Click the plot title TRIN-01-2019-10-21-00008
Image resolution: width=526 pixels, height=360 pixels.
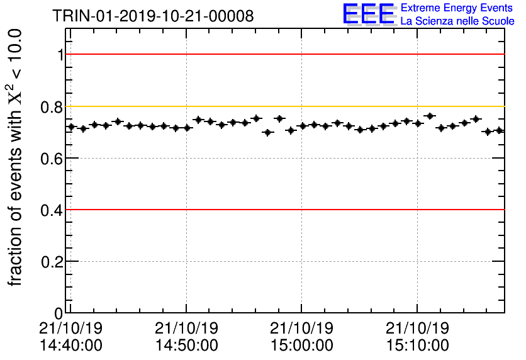click(154, 16)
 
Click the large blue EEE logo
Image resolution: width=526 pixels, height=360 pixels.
click(369, 14)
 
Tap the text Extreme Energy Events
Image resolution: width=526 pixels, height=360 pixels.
click(457, 8)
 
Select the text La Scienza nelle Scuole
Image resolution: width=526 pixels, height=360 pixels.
click(457, 21)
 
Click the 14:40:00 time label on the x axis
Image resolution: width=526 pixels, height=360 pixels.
click(70, 345)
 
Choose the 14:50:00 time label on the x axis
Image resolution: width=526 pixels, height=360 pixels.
click(186, 345)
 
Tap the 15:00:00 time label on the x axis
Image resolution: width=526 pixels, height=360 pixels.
click(301, 345)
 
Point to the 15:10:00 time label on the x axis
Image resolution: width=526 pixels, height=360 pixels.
click(417, 345)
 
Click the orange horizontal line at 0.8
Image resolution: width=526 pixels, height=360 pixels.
click(283, 106)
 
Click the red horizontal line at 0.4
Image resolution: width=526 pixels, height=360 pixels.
click(283, 210)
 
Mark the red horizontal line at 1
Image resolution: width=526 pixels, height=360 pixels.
click(283, 55)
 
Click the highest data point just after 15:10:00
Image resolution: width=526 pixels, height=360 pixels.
click(430, 116)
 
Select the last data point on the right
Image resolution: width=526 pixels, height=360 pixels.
click(499, 130)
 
